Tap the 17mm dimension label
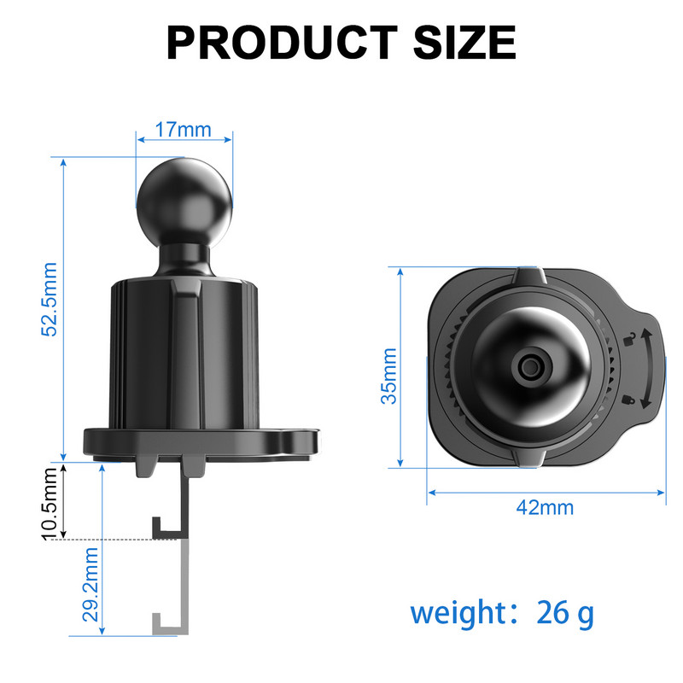pyautogui.click(x=183, y=131)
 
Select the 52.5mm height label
pyautogui.click(x=50, y=299)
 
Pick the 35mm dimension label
pyautogui.click(x=388, y=376)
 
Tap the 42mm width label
pyautogui.click(x=545, y=507)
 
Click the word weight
pyautogui.click(x=461, y=612)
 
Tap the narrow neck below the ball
pyautogui.click(x=184, y=256)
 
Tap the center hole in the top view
pyautogui.click(x=529, y=368)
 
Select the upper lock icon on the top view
pyautogui.click(x=630, y=340)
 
